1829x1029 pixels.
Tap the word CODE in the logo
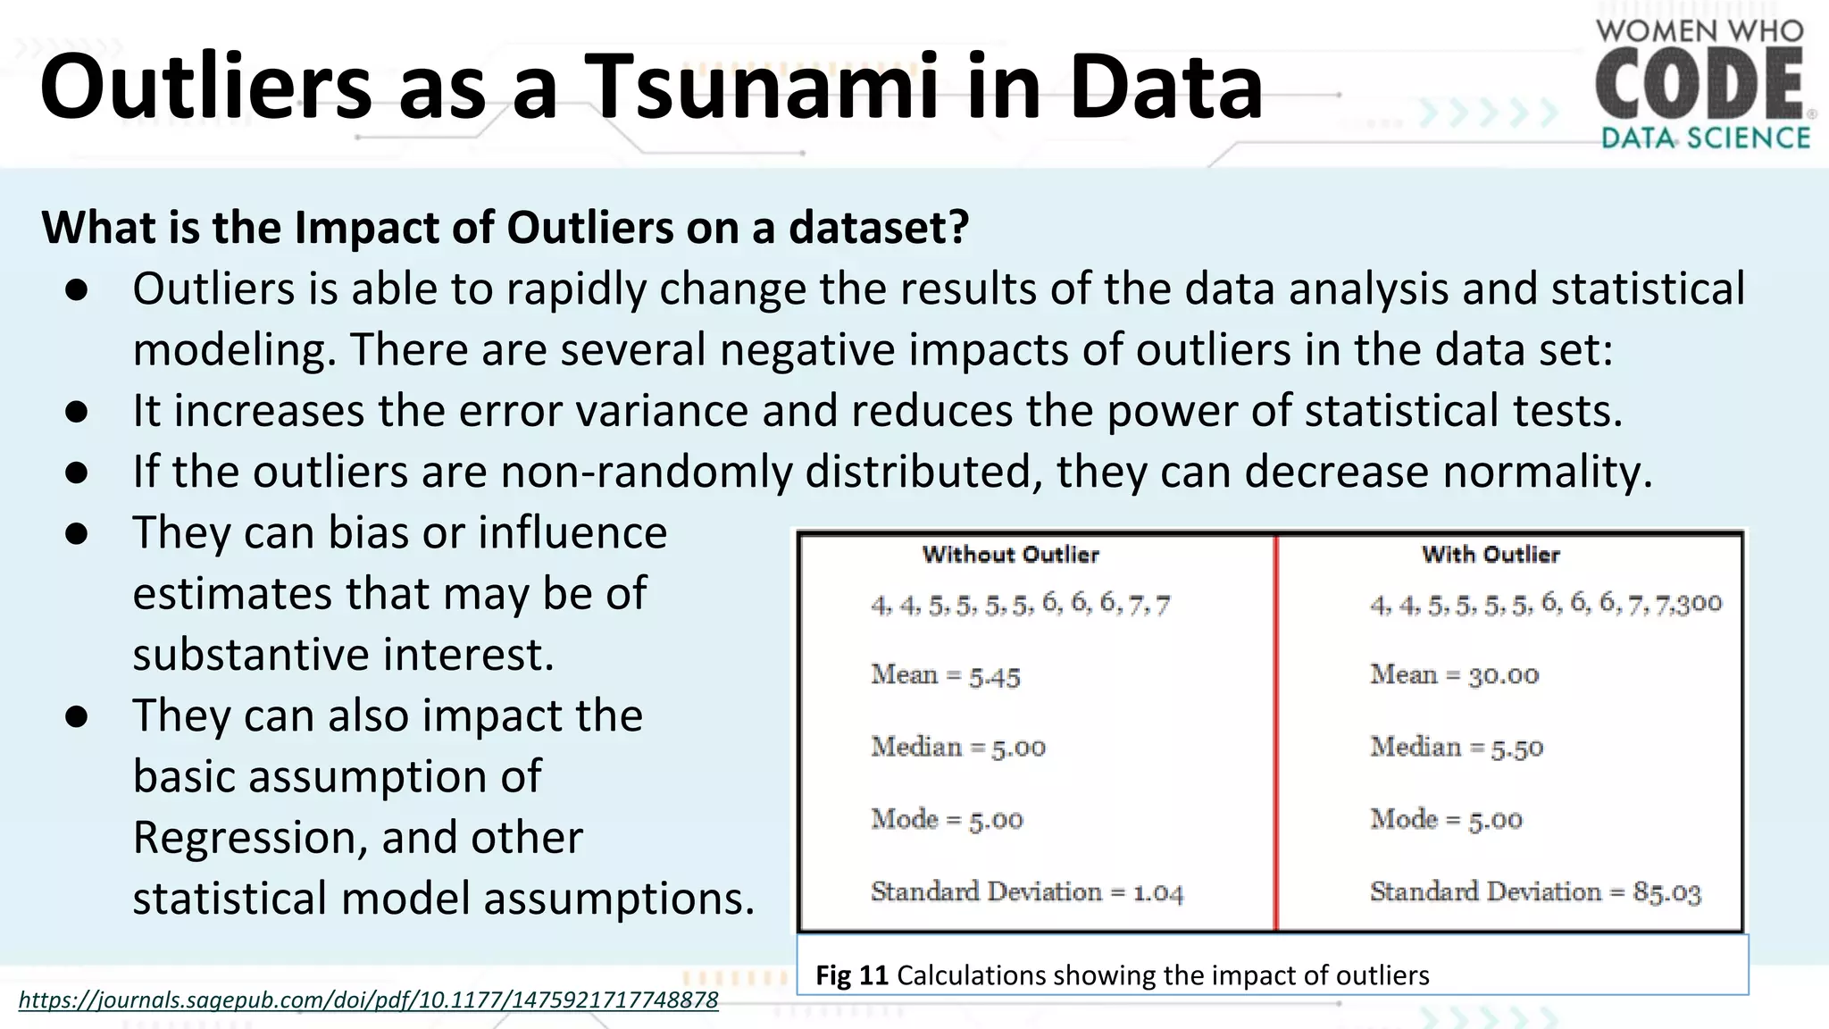click(1700, 85)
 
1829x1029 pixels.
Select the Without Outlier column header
click(1010, 555)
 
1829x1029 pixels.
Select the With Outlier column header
click(1491, 555)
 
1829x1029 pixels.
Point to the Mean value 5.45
click(995, 676)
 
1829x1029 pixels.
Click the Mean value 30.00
click(1504, 675)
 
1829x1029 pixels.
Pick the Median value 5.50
click(1516, 749)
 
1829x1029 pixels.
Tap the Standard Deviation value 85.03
click(1666, 892)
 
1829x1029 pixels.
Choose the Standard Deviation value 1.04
click(1158, 892)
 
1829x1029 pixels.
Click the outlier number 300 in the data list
click(1699, 604)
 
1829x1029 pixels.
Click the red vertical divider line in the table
click(1275, 732)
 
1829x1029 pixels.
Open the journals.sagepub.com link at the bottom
click(368, 1000)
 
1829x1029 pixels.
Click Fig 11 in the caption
click(851, 975)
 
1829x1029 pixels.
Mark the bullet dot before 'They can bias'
click(77, 534)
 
